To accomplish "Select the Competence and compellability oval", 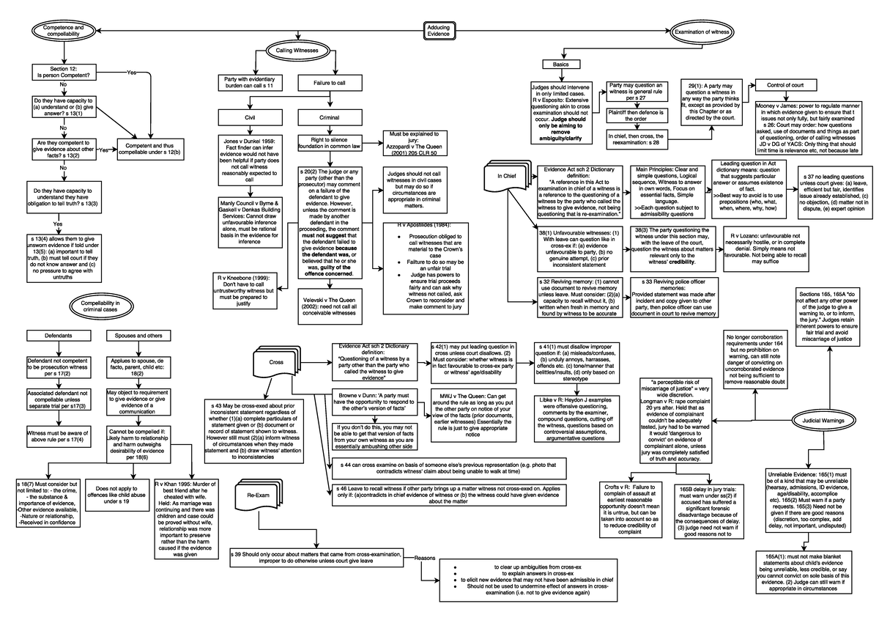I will [64, 31].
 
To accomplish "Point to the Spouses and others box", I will [138, 336].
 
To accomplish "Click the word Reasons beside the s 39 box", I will [425, 558].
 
